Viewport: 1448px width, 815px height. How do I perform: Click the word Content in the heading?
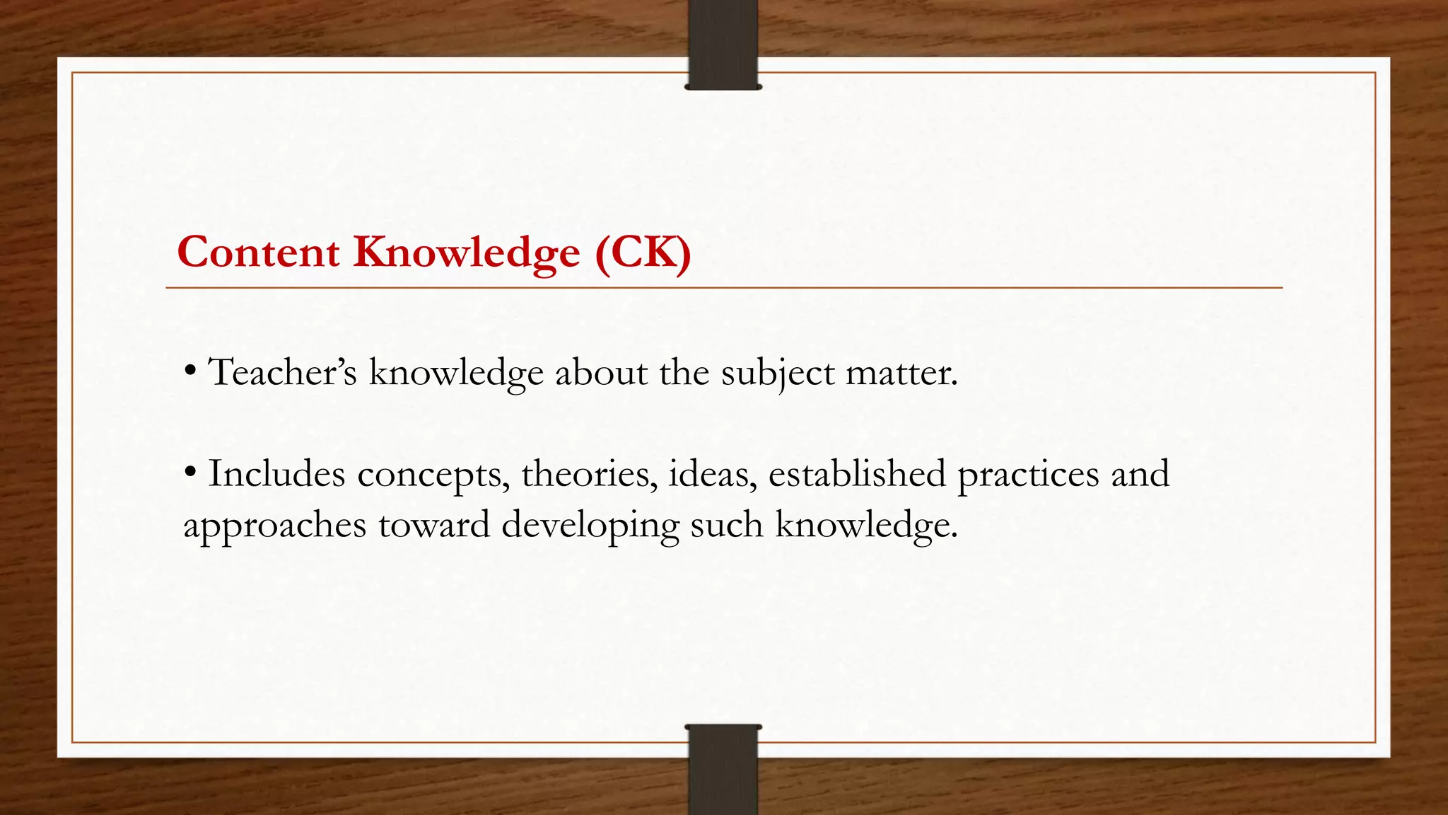(258, 252)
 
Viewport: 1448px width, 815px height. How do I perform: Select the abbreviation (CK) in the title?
(643, 252)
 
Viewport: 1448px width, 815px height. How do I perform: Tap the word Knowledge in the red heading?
(467, 253)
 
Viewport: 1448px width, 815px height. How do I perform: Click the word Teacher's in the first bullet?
(283, 372)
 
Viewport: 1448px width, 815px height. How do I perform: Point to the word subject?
(778, 374)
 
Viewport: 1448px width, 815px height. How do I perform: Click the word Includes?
(276, 473)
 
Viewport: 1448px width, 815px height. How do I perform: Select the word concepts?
(433, 475)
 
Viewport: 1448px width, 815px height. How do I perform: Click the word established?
(857, 473)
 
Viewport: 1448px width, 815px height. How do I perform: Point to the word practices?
(1028, 475)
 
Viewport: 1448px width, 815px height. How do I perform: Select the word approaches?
(274, 526)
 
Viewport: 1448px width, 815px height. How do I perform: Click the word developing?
(590, 526)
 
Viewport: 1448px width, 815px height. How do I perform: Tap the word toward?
(433, 524)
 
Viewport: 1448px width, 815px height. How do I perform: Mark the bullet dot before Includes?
(189, 472)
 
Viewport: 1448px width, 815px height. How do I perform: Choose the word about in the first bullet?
(601, 372)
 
